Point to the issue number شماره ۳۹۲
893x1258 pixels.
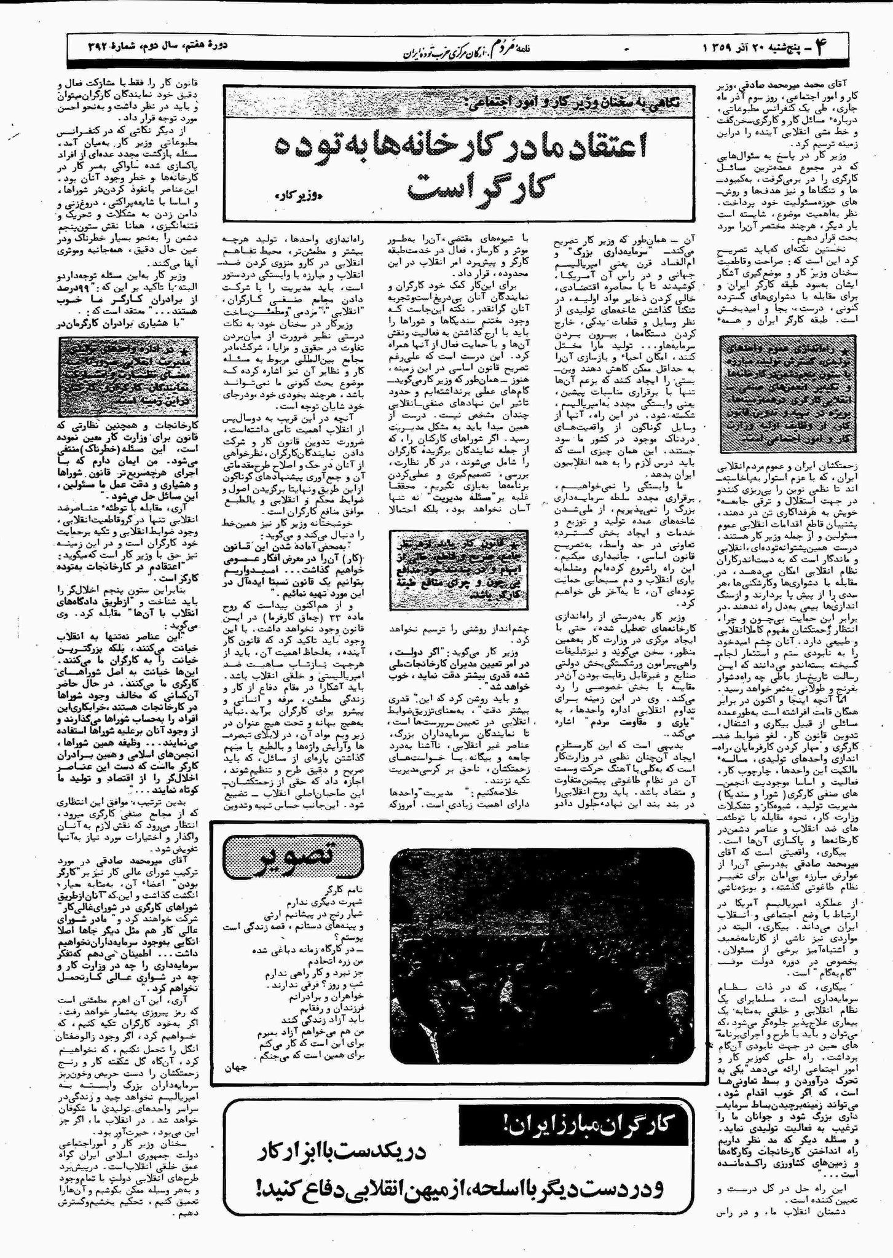[113, 47]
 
